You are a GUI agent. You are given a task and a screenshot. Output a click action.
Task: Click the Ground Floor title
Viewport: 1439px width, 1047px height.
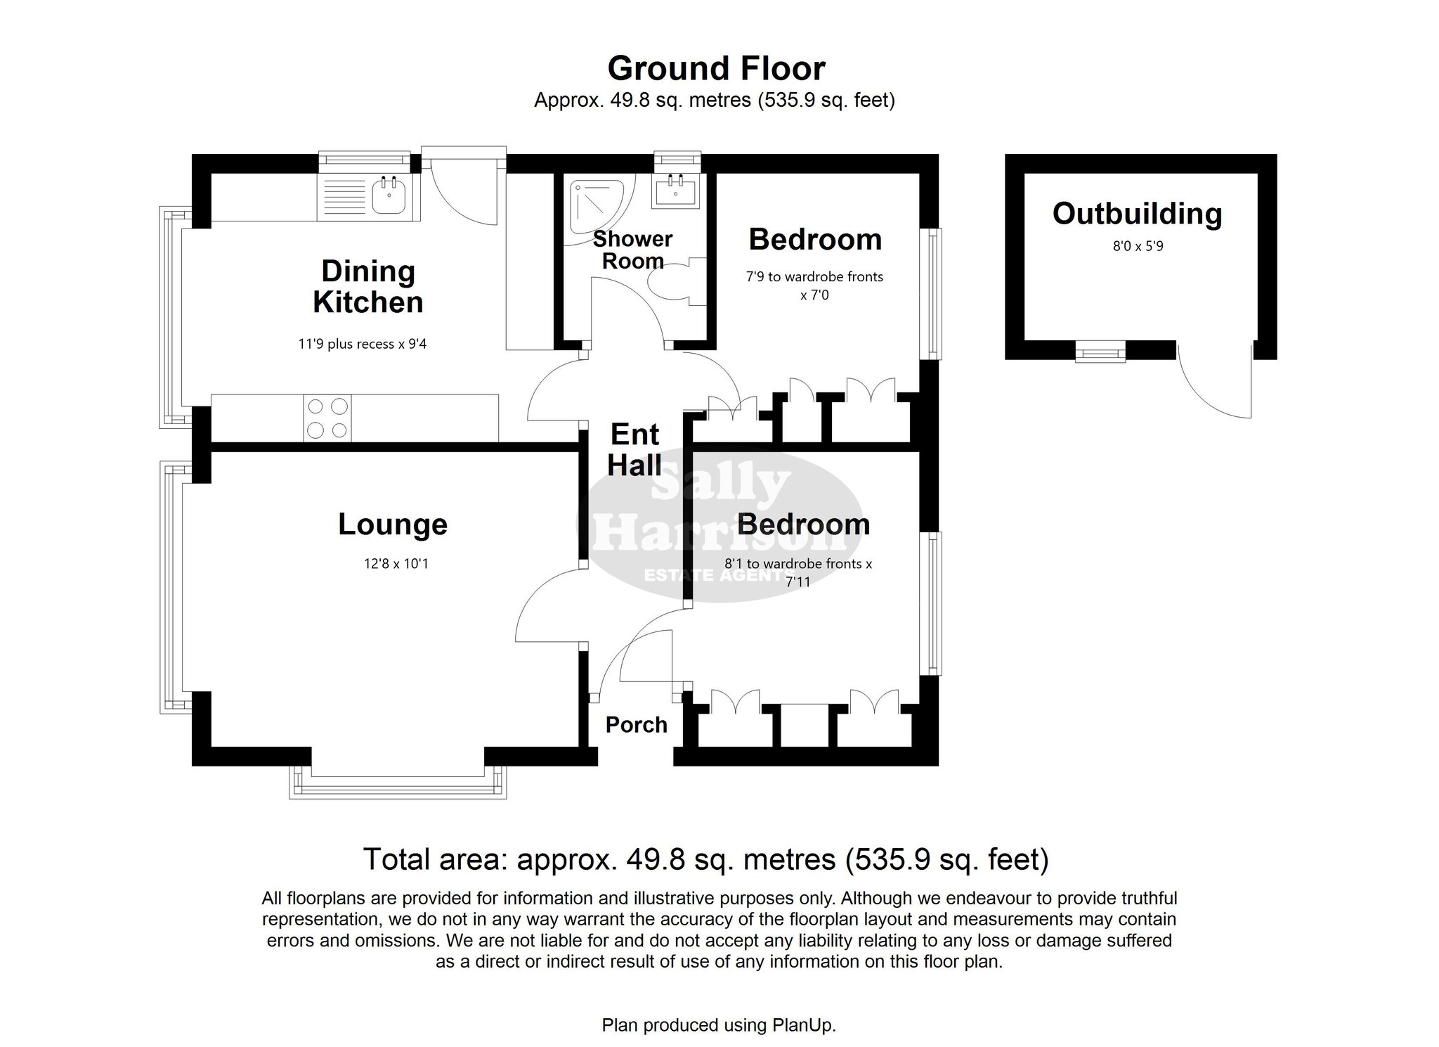coord(716,69)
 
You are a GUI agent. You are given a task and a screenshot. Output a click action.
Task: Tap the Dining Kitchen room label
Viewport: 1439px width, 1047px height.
coord(368,287)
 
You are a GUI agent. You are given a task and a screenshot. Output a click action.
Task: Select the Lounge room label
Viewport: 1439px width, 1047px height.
coord(393,525)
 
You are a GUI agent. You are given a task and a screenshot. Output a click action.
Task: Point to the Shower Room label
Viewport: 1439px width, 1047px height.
coord(633,250)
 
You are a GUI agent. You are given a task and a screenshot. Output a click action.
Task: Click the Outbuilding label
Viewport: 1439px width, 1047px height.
coord(1138,214)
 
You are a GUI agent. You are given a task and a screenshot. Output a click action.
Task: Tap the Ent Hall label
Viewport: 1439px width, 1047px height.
coord(635,450)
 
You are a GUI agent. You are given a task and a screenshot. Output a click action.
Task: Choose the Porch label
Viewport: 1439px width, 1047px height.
coord(637,725)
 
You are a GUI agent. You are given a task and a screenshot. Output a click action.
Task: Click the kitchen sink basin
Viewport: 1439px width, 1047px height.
coord(389,195)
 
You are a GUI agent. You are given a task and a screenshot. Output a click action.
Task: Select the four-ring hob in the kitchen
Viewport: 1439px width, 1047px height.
coord(328,418)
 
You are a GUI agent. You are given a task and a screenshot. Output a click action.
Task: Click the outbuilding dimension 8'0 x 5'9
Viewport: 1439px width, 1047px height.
coord(1137,247)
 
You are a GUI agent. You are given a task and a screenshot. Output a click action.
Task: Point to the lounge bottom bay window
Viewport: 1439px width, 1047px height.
coord(398,782)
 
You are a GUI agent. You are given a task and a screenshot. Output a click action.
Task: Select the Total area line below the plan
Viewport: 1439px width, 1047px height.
coord(705,859)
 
